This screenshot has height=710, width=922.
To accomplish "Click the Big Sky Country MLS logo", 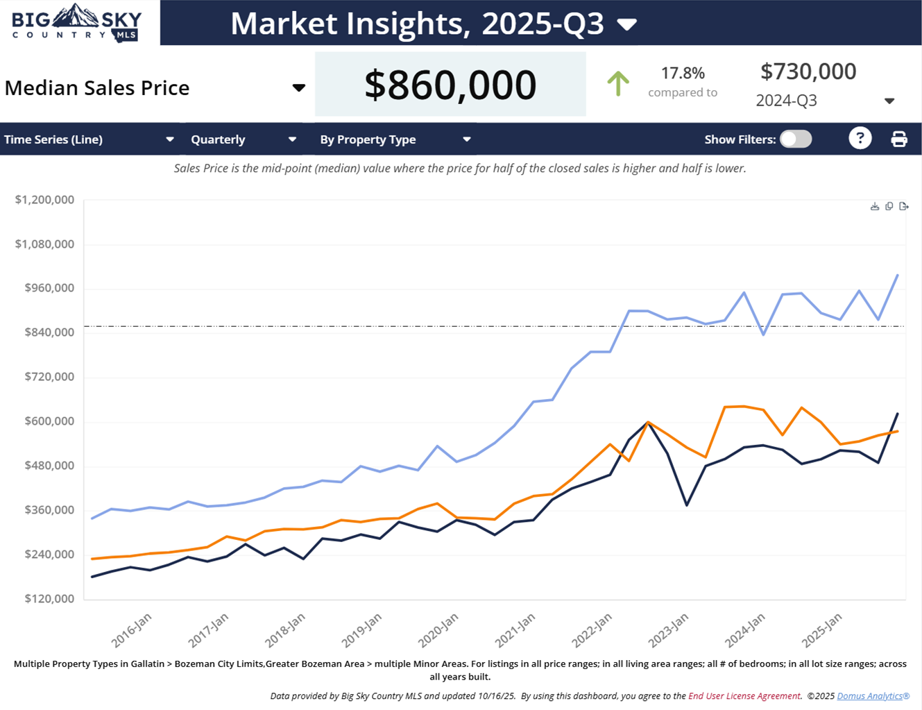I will tap(77, 23).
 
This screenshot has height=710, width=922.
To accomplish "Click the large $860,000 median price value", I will tap(450, 85).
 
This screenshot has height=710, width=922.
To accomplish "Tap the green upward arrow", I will tap(617, 84).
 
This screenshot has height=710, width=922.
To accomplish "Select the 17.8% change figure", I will tap(683, 73).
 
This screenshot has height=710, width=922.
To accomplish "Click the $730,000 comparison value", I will tap(808, 71).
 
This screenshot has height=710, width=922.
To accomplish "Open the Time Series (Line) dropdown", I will tap(89, 140).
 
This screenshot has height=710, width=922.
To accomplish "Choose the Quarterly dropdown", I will tap(243, 140).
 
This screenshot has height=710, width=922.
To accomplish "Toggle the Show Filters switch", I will tap(796, 140).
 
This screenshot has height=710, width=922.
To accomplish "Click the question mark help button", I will tap(860, 139).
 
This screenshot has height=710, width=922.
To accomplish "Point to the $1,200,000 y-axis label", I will tap(44, 200).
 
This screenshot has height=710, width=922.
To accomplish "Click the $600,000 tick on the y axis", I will tap(49, 421).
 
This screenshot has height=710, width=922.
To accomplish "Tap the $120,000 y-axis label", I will tap(49, 598).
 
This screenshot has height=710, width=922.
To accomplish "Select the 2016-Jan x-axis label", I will tap(131, 629).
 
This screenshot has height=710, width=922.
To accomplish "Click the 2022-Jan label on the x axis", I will tap(592, 629).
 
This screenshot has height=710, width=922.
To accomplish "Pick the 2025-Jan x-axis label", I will tap(822, 629).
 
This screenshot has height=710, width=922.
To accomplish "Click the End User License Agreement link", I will tap(744, 695).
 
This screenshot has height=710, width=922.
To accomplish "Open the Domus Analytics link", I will tap(873, 695).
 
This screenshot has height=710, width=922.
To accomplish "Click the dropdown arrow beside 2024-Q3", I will tap(889, 101).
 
